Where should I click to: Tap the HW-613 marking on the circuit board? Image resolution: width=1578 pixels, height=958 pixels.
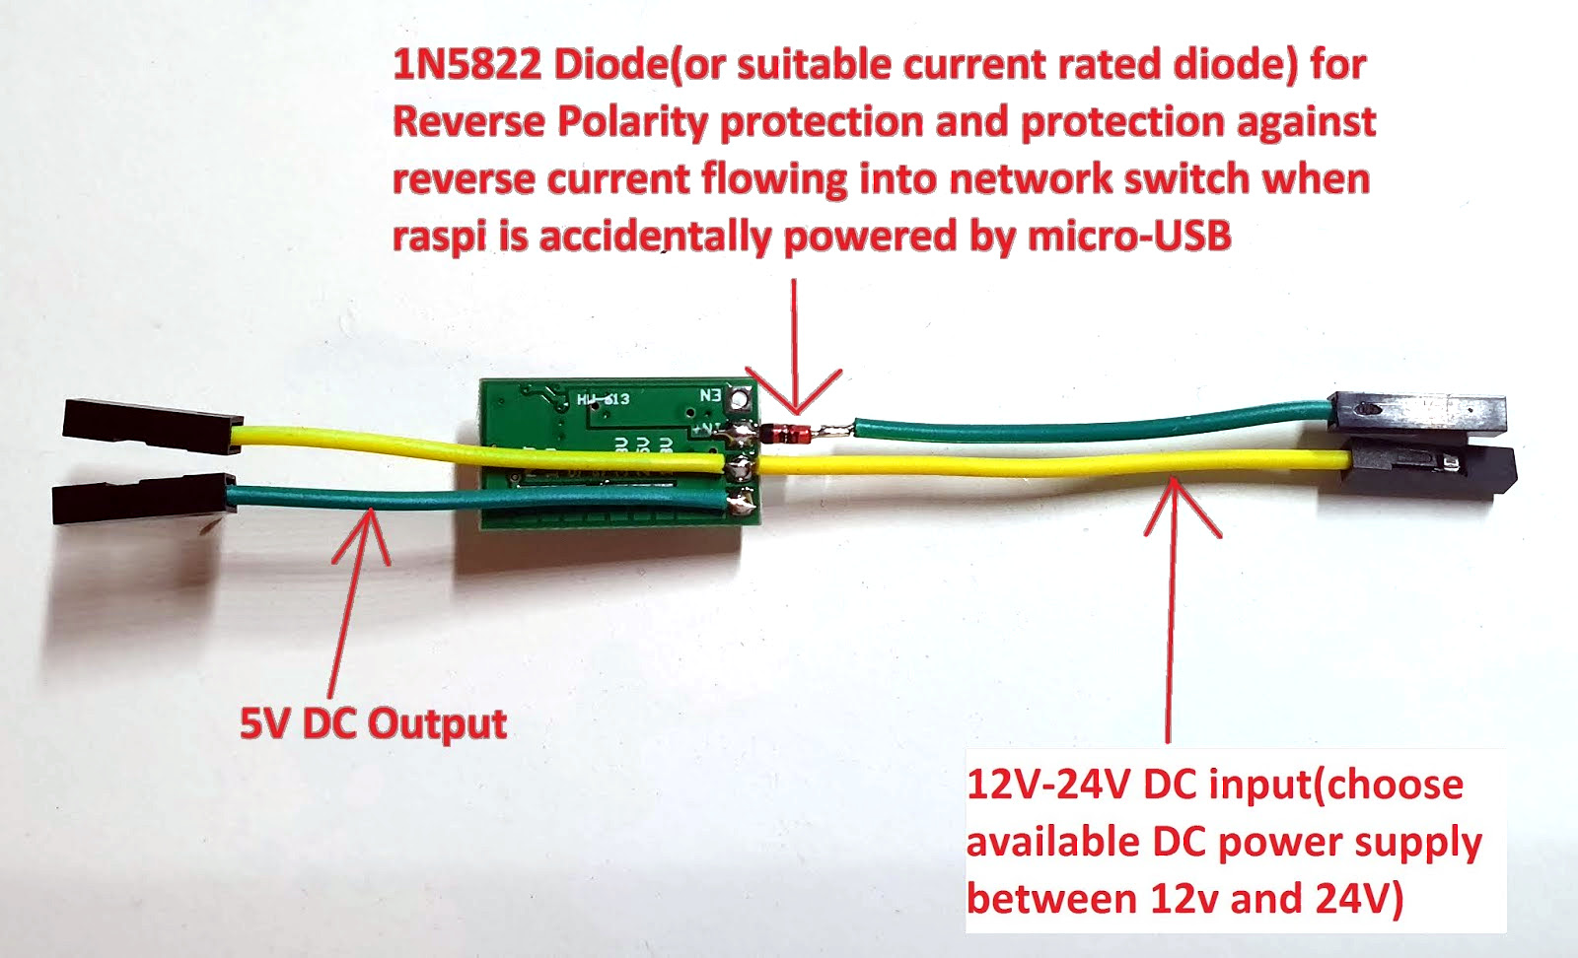click(604, 399)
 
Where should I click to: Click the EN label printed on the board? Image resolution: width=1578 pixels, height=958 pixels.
click(710, 395)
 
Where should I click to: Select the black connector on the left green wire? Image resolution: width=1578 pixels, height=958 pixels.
click(143, 499)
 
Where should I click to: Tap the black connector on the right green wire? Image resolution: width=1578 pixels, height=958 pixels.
click(1416, 412)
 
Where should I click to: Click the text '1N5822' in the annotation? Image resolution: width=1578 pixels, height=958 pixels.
click(466, 65)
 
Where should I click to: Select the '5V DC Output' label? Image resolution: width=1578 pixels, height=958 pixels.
click(373, 724)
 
